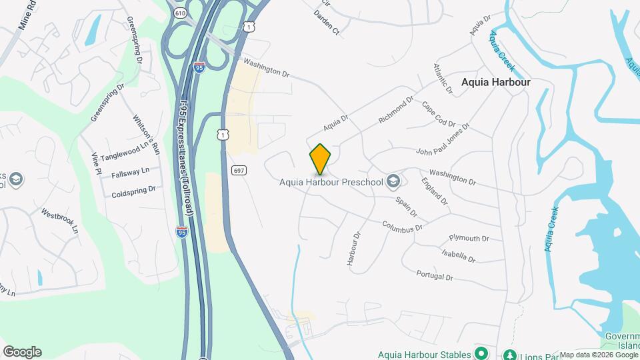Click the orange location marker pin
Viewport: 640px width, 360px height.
[x=320, y=159]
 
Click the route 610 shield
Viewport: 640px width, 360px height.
[x=180, y=13]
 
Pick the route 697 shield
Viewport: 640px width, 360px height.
[x=239, y=171]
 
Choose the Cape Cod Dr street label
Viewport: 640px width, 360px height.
[x=438, y=114]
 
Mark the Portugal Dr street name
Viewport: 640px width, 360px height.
[x=434, y=275]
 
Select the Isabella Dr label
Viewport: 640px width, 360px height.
[x=458, y=255]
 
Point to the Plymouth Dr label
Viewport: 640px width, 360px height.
[x=469, y=238]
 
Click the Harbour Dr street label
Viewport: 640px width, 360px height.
[x=353, y=249]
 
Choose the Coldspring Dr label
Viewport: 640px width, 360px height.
[x=133, y=189]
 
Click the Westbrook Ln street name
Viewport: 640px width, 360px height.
[x=60, y=221]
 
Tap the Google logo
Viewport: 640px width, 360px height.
[x=22, y=352]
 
